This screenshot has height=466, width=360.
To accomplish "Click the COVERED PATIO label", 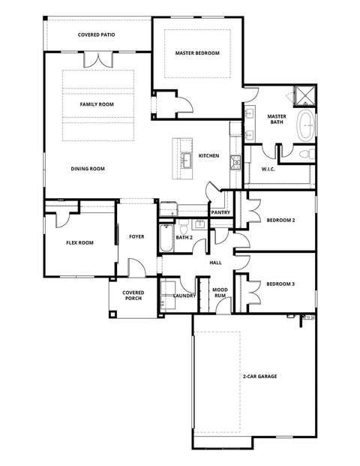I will pyautogui.click(x=97, y=35).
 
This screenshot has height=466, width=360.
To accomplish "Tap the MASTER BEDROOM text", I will pyautogui.click(x=197, y=53).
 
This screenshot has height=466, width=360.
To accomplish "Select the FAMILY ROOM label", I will pyautogui.click(x=97, y=104).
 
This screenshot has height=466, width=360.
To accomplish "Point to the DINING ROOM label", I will pyautogui.click(x=88, y=169).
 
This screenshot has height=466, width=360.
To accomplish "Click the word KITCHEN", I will pyautogui.click(x=208, y=156).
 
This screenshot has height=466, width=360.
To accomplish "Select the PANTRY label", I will pyautogui.click(x=220, y=212).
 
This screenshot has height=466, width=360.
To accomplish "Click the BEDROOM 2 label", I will pyautogui.click(x=280, y=220).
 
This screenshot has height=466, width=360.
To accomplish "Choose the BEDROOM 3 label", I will pyautogui.click(x=280, y=284).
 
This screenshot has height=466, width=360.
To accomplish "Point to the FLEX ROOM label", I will pyautogui.click(x=79, y=242).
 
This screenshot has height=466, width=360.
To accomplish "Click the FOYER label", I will pyautogui.click(x=136, y=236).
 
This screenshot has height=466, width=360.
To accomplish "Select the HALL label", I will pyautogui.click(x=215, y=263).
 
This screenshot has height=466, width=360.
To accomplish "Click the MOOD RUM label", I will pyautogui.click(x=220, y=292).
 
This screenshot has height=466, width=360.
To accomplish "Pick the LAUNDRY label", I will pyautogui.click(x=184, y=296).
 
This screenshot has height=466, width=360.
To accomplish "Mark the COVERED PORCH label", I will pyautogui.click(x=133, y=295).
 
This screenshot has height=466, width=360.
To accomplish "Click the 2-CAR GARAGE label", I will pyautogui.click(x=259, y=376).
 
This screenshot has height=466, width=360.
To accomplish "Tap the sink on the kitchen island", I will pyautogui.click(x=185, y=158).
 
